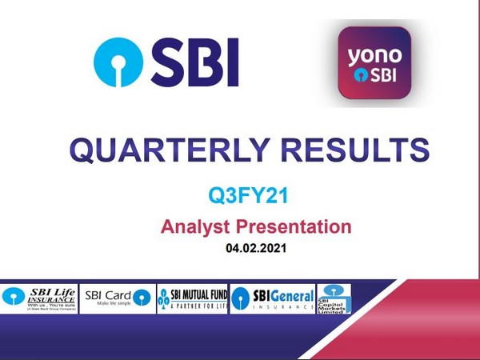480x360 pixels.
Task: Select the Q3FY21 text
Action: click(x=240, y=194)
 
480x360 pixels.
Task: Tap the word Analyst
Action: click(x=194, y=226)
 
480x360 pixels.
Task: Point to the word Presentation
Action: click(x=293, y=226)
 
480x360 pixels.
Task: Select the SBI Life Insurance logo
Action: click(x=40, y=298)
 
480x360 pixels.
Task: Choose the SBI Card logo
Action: click(x=118, y=298)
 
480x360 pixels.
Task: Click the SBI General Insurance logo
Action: click(x=272, y=298)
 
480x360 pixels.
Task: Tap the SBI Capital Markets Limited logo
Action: click(x=334, y=298)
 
